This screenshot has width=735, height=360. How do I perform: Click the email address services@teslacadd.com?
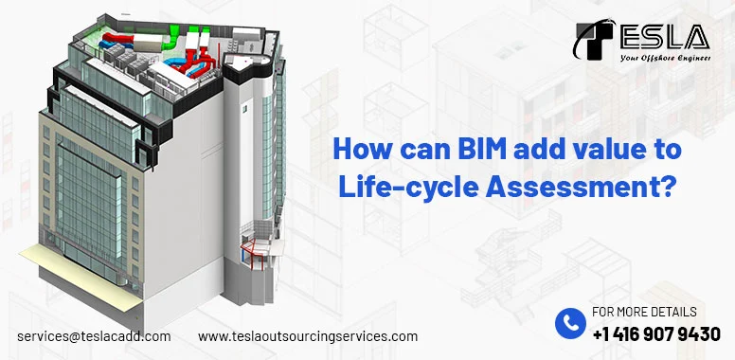pyautogui.click(x=95, y=336)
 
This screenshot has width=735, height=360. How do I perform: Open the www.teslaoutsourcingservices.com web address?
pyautogui.click(x=308, y=336)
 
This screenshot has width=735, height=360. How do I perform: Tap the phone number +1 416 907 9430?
pyautogui.click(x=656, y=333)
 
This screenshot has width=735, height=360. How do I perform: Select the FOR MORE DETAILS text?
pyautogui.click(x=644, y=312)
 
